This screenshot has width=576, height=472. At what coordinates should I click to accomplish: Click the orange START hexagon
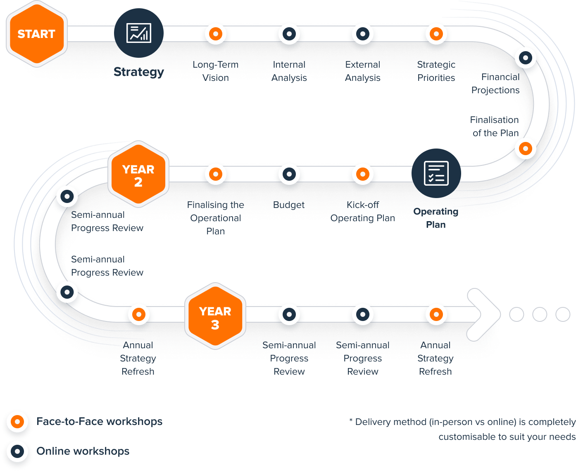[x=36, y=34]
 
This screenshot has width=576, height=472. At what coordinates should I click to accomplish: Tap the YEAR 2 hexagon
[x=138, y=175]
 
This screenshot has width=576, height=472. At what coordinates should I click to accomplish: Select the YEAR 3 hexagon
[x=215, y=317]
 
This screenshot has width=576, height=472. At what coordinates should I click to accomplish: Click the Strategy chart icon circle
[x=139, y=33]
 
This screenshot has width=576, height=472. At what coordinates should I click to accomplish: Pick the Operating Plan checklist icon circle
[x=436, y=173]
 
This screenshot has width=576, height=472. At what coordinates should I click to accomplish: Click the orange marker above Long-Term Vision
[x=215, y=34]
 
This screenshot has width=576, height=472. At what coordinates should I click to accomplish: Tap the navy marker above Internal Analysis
[x=289, y=34]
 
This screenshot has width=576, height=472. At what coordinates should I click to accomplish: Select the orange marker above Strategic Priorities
[x=436, y=34]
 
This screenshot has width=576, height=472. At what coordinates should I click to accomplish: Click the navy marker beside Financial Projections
[x=525, y=58]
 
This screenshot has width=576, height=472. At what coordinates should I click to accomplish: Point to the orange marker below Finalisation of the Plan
[x=525, y=149]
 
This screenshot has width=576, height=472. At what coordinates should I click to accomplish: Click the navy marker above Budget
[x=289, y=174]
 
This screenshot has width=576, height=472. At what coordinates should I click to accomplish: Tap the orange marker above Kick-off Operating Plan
[x=362, y=174]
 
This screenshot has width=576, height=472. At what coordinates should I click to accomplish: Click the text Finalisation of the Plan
[x=495, y=126]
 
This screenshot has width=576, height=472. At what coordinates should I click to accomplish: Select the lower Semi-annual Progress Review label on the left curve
[x=107, y=266]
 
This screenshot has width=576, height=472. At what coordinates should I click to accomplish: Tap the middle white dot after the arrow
[x=539, y=314]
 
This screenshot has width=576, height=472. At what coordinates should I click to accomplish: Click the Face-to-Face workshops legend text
[x=99, y=421]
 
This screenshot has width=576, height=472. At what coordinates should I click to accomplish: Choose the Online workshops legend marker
[x=17, y=451]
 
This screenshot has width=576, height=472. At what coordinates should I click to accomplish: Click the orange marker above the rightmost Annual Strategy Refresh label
[x=436, y=314]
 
